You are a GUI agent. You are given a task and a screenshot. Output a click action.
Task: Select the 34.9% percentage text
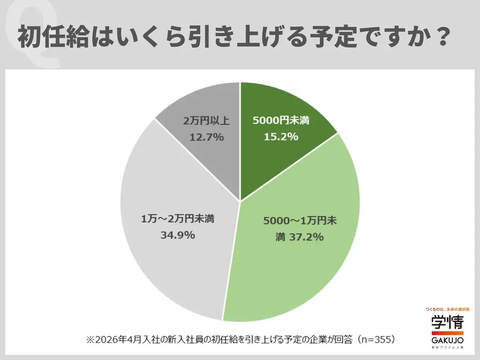[178, 235]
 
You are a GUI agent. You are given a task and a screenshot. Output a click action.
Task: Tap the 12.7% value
[207, 137]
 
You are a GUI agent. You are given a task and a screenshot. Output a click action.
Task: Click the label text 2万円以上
[207, 121]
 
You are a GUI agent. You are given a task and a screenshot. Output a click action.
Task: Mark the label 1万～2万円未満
[178, 219]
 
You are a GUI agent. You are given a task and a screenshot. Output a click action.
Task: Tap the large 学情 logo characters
[447, 322]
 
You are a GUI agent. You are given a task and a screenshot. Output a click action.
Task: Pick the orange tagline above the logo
[447, 310]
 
